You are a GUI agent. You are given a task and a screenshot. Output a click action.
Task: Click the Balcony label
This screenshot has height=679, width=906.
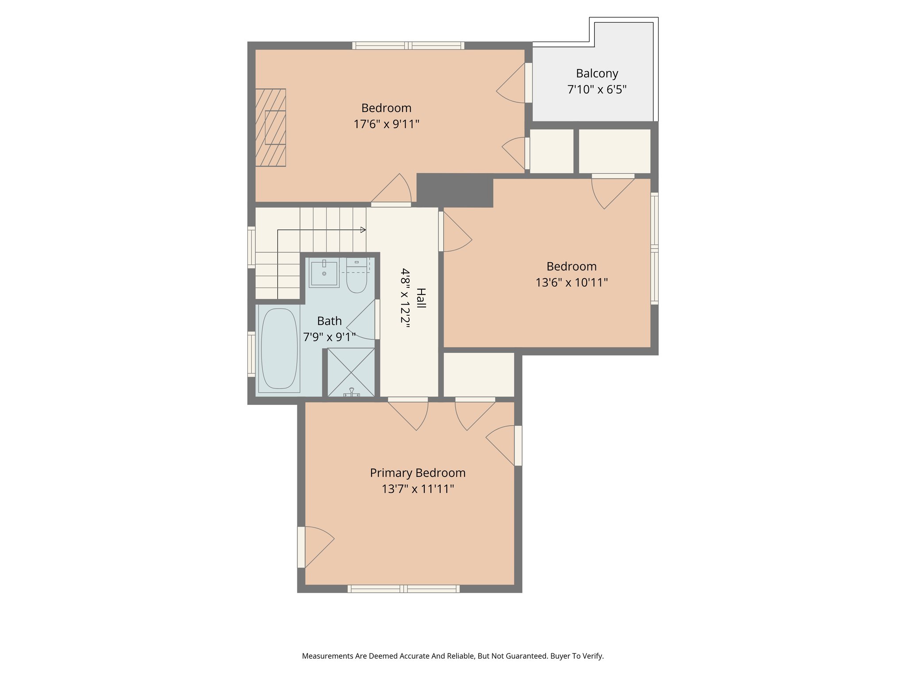pos(597,73)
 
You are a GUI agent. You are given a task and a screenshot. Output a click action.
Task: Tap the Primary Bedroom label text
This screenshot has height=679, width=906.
pos(418,473)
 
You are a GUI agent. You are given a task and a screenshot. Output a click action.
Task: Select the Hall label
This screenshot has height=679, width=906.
pos(421,298)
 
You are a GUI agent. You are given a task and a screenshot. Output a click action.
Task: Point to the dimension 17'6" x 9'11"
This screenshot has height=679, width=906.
pos(386,124)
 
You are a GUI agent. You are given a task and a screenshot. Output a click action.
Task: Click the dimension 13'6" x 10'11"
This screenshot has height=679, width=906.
pos(572,282)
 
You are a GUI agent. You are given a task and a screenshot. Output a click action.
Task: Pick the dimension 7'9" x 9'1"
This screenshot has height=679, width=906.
pos(329,337)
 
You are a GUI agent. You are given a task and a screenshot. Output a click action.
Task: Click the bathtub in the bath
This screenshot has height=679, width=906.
pos(279,348)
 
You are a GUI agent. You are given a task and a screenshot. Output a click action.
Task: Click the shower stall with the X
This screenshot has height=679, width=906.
pos(351,372)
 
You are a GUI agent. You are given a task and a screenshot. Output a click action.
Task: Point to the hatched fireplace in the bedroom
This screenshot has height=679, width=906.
pos(271,128)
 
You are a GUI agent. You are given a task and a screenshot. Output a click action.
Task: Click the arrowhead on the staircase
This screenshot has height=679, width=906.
pos(363,230)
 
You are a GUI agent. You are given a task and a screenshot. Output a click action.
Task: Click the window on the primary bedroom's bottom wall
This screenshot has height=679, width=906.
pos(403,589)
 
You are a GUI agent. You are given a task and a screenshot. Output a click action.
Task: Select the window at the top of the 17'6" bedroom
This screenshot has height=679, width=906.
pos(408,45)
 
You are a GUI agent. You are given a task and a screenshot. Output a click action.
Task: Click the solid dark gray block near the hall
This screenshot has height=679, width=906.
pos(455,190)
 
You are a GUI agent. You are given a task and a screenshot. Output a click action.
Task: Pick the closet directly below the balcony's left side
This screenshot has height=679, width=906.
pos(552,151)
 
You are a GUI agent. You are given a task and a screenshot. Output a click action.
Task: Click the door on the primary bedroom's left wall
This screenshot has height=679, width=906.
pos(315,547)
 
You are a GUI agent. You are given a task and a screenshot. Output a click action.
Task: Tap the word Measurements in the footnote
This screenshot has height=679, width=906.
pos(328,656)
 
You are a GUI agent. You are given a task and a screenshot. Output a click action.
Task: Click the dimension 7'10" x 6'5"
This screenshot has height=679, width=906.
pos(597,90)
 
